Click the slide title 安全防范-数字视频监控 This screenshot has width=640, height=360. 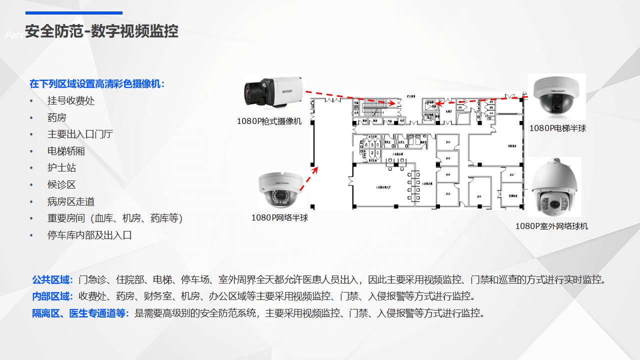[101, 31]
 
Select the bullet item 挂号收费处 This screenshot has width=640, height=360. [71, 100]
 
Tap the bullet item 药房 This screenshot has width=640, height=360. [57, 117]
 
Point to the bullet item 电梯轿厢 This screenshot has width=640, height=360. [66, 151]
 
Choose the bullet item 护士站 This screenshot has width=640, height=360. [61, 168]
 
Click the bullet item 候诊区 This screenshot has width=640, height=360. [61, 184]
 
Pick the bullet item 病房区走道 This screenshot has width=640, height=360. [71, 201]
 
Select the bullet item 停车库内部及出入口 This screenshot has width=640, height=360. [89, 235]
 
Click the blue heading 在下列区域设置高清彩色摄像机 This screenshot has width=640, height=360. [96, 83]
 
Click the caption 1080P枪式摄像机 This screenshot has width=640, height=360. [269, 121]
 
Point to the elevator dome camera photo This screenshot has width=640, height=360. [556, 95]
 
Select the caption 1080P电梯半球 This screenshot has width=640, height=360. [557, 128]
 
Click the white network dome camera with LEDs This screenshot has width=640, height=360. [281, 189]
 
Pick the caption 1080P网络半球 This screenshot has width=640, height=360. [279, 217]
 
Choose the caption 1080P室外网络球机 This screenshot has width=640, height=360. [551, 226]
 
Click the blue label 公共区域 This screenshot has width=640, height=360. [52, 279]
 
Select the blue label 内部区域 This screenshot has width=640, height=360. [52, 296]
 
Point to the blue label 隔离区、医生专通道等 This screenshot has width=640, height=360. [80, 313]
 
